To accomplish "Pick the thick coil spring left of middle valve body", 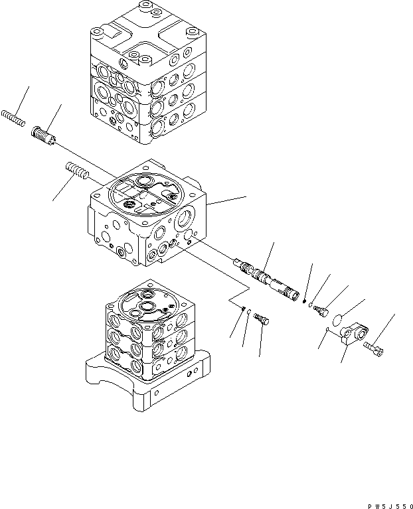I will click(x=76, y=173).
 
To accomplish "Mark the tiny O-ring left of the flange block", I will click(x=327, y=330).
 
